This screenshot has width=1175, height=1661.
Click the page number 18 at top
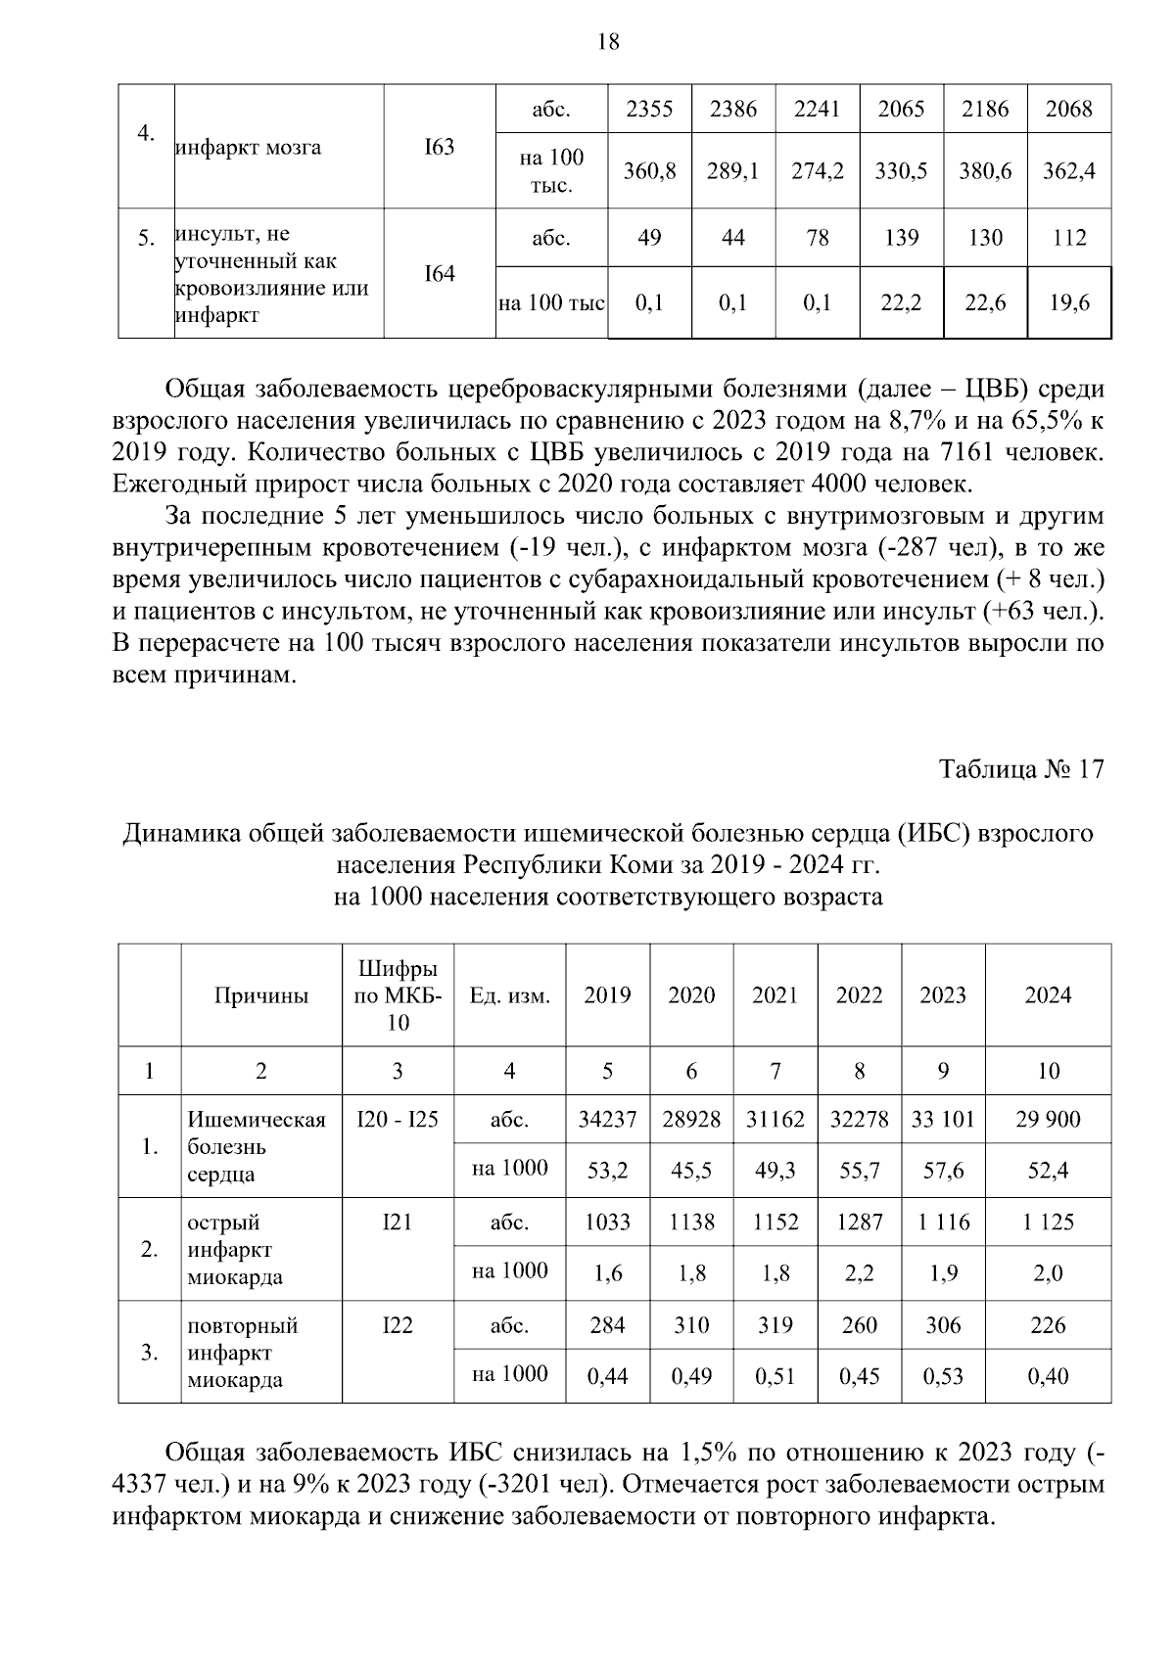coord(607,42)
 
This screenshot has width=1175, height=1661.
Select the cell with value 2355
coord(649,109)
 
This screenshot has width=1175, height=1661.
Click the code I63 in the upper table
coord(439,148)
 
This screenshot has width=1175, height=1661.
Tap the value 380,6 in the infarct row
coord(985,171)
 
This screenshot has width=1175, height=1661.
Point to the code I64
coord(439,274)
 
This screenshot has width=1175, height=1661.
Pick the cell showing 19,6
coord(1068,303)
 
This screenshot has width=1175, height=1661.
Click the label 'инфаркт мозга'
coord(248,148)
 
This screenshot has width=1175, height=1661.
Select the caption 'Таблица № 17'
coord(1021,769)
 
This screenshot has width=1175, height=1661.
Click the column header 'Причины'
coord(261,995)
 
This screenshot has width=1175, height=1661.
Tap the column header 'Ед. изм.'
coord(509,995)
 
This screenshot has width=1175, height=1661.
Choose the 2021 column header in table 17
coord(775,995)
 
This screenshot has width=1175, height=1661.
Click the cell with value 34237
coord(607,1119)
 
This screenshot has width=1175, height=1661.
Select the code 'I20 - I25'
coord(398,1119)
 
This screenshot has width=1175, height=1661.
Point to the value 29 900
coord(1048,1119)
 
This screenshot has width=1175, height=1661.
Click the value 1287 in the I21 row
coord(859,1222)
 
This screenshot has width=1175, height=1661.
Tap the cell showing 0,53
coord(943,1376)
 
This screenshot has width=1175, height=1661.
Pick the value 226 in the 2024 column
coord(1048,1325)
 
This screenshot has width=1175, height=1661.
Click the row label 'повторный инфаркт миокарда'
coord(242,1353)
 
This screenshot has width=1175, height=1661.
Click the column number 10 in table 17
coord(1048,1071)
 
